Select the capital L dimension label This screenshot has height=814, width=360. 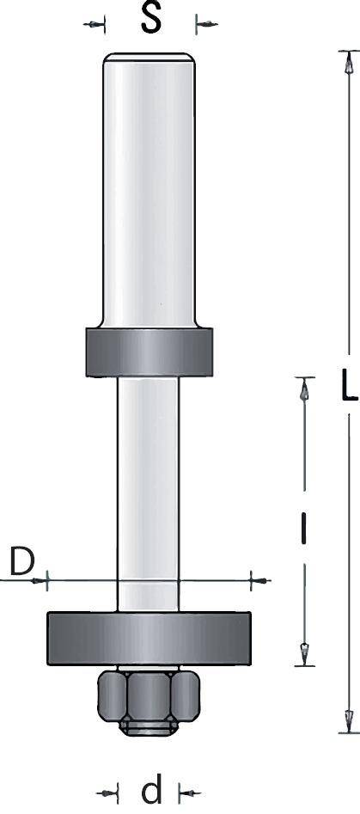click(347, 388)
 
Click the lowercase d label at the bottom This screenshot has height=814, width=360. click(151, 789)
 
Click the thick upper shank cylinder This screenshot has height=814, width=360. click(149, 189)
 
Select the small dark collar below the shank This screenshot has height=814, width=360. click(149, 352)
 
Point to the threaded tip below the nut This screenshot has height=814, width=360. click(149, 729)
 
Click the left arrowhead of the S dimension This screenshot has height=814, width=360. click(97, 25)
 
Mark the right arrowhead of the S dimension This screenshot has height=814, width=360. click(203, 25)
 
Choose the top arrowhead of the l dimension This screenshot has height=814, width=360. click(302, 392)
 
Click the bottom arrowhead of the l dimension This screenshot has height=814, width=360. click(302, 652)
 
